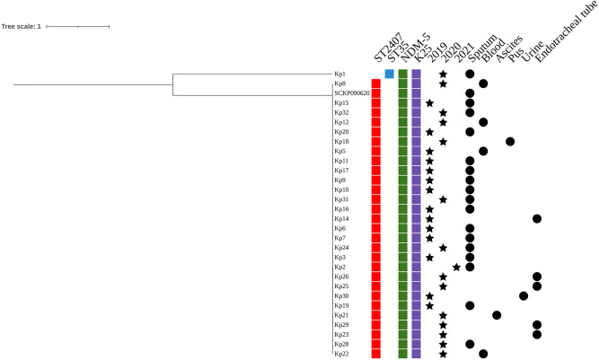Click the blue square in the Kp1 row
point(389,74)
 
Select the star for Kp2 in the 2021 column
point(456,267)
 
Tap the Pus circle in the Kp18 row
point(510,141)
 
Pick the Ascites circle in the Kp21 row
point(497,315)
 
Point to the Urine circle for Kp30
point(524,295)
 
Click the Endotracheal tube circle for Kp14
point(537,218)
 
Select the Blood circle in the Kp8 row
point(483,83)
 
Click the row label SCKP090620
point(351,93)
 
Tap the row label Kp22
point(341,354)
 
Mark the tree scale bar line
point(78,27)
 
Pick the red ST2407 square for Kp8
point(375,83)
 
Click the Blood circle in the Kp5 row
point(483,151)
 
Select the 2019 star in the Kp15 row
point(429,102)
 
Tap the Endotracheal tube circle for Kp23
point(537,334)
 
